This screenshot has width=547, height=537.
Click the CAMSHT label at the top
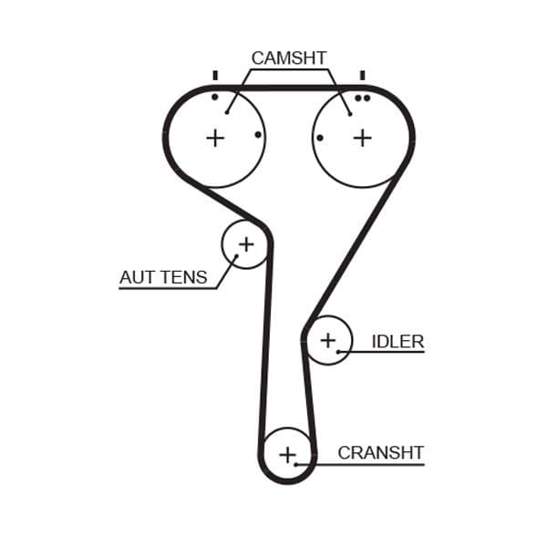(x=288, y=58)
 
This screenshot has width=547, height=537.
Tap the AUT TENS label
(x=163, y=277)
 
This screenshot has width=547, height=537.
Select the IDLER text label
(x=397, y=342)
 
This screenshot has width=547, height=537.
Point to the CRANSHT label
(x=380, y=452)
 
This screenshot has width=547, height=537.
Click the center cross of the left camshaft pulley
(x=214, y=138)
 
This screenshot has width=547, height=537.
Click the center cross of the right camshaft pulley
(x=363, y=138)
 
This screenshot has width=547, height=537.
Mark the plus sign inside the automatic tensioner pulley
(x=246, y=243)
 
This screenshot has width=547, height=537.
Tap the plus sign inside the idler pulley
(x=327, y=341)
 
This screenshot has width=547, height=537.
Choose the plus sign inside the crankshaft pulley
(x=288, y=454)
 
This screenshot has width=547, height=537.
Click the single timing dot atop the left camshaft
(x=215, y=97)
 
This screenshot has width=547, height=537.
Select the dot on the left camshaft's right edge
(x=258, y=135)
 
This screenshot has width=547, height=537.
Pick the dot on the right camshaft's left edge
(x=320, y=138)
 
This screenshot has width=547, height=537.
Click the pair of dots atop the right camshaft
(x=363, y=98)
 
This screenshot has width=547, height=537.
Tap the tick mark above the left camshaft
(x=215, y=75)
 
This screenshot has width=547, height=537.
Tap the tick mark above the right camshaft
(x=363, y=75)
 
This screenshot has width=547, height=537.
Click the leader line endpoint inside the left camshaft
(x=226, y=114)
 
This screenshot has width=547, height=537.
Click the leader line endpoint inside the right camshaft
(x=351, y=114)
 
